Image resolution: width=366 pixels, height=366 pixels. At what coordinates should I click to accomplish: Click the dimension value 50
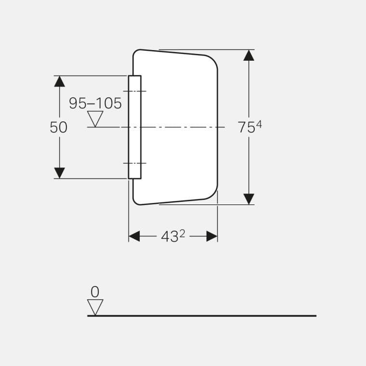[x=59, y=128]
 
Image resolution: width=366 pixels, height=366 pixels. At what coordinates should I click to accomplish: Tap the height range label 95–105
[x=95, y=104]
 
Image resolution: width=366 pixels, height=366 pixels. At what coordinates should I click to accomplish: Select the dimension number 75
[x=246, y=128]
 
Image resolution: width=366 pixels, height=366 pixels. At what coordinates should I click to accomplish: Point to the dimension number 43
[x=170, y=237]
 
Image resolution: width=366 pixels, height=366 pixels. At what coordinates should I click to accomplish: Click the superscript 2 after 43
[x=182, y=234]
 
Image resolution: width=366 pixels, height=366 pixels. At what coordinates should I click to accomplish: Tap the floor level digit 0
[x=95, y=292]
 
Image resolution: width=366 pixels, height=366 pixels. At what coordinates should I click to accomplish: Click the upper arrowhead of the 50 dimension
[x=59, y=81]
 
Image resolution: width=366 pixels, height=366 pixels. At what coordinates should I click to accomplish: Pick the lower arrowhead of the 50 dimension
[x=59, y=173]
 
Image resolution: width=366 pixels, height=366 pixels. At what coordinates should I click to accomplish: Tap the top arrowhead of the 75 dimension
[x=248, y=55]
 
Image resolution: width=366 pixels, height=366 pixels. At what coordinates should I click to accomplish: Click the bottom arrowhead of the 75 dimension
[x=248, y=198]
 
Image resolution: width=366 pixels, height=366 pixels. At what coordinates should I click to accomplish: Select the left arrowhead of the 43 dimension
[x=134, y=236]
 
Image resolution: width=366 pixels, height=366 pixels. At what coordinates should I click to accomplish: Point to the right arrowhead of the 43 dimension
[x=212, y=236]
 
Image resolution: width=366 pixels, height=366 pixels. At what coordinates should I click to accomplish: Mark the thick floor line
[x=202, y=316]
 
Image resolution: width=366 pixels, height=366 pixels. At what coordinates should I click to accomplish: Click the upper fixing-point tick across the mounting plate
[x=134, y=91]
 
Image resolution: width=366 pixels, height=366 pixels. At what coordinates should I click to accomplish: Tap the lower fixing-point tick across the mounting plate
[x=134, y=163]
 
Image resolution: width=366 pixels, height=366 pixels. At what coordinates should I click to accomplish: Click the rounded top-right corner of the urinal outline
[x=212, y=60]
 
